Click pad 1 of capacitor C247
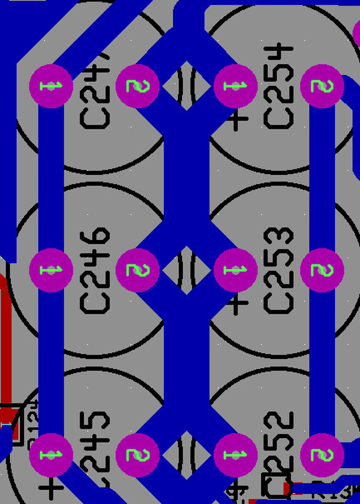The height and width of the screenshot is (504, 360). [51, 86]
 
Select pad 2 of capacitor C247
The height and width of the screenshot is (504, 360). [137, 86]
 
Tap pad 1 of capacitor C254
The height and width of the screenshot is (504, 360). [236, 86]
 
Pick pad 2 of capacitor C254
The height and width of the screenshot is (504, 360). [322, 86]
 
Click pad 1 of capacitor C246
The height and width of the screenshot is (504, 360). [51, 270]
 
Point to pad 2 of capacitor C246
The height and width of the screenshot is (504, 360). [137, 270]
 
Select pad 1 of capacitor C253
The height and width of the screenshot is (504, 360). [236, 270]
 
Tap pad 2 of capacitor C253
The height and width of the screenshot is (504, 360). [322, 270]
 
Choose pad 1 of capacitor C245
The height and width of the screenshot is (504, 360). [51, 455]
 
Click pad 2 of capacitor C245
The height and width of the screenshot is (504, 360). [137, 455]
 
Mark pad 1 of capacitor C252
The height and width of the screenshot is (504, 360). [236, 455]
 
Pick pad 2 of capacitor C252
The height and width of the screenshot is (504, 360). [322, 455]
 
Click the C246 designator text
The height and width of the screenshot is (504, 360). [95, 270]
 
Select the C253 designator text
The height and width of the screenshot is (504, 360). [279, 270]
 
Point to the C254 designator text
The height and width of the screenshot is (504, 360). [279, 86]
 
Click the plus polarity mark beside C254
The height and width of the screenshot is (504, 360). [239, 120]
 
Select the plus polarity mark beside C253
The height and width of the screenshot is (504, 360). [239, 304]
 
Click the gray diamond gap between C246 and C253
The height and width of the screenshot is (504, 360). [186, 270]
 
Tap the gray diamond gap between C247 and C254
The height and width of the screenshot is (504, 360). [186, 86]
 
